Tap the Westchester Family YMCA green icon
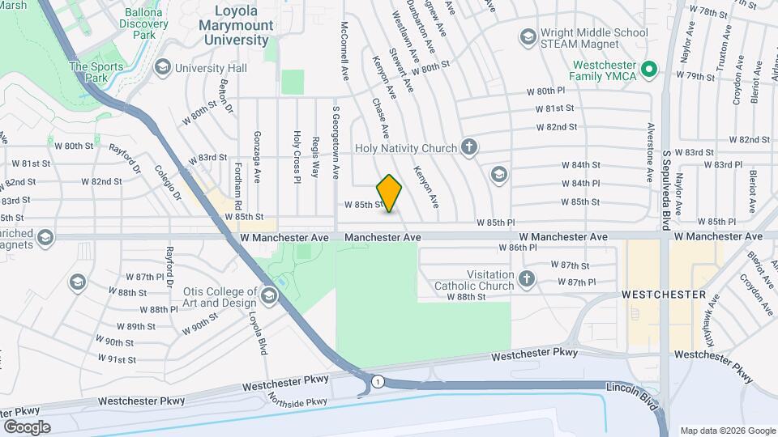tap(648, 70)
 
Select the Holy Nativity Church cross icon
tap(468, 147)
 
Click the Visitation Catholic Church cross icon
tap(527, 279)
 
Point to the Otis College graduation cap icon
tap(269, 296)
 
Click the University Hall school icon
tap(162, 67)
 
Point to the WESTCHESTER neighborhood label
tap(663, 295)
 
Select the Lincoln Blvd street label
tap(631, 388)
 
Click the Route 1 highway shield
tap(378, 380)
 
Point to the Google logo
tap(27, 426)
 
